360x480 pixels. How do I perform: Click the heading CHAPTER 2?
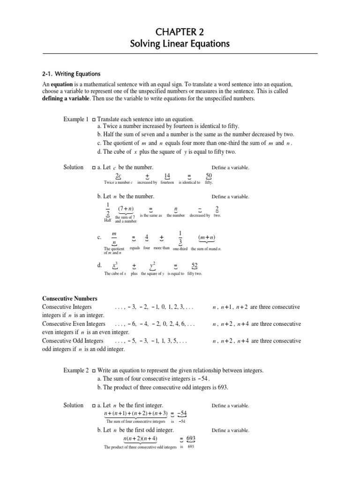coord(180,31)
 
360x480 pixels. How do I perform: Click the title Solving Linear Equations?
coord(180,45)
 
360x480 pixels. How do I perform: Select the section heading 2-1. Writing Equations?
coord(69,74)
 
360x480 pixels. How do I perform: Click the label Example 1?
coord(75,120)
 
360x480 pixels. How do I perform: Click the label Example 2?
coord(75,370)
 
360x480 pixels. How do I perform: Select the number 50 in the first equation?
coord(209,176)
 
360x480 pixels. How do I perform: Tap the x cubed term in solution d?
coord(115,266)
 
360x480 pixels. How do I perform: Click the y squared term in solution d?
coord(152,266)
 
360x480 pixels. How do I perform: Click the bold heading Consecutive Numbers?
coord(69,299)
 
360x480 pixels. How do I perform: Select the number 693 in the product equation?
coord(191,439)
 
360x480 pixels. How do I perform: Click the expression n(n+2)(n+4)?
coord(140,439)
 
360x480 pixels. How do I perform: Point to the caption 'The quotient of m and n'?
coord(114,250)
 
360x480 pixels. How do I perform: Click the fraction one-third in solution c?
coord(180,238)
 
